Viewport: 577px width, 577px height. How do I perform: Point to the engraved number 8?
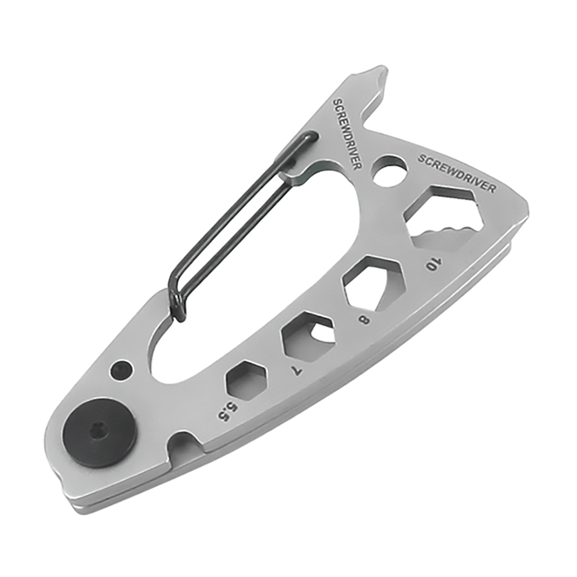point(364,320)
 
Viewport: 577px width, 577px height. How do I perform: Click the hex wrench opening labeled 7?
point(308,336)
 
